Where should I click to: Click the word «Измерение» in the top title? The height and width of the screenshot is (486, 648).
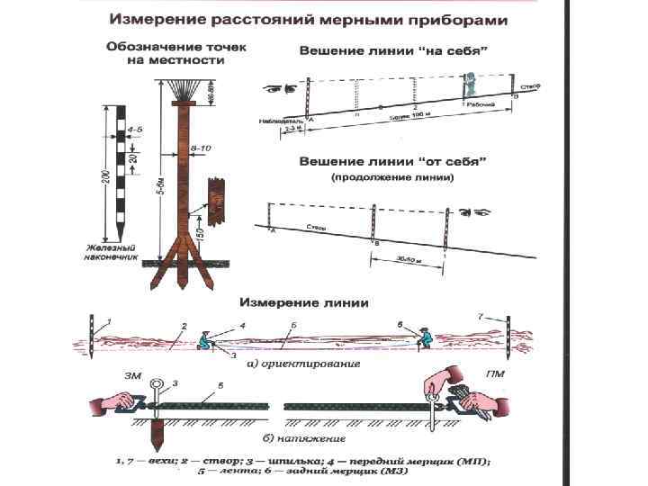(161, 19)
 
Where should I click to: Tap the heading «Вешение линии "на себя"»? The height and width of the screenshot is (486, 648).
(394, 51)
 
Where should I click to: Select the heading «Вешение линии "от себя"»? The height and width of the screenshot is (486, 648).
(393, 163)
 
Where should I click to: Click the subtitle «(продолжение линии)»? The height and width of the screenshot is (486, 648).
(393, 178)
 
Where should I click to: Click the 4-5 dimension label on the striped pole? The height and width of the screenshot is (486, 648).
(135, 130)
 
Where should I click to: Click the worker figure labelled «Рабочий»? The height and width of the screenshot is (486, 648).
(468, 87)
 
